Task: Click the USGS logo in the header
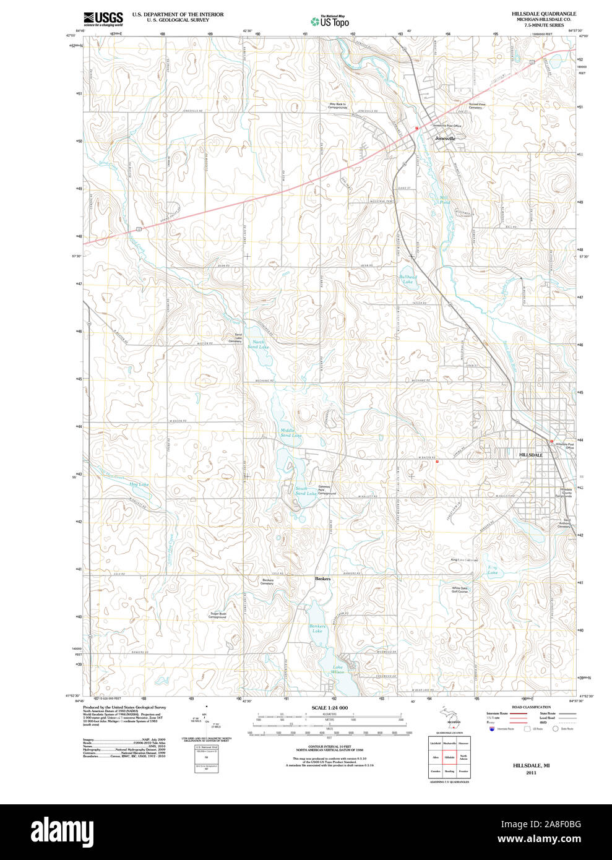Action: pyautogui.click(x=103, y=19)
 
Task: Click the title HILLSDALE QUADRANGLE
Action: pyautogui.click(x=543, y=14)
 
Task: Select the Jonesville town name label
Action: pyautogui.click(x=445, y=139)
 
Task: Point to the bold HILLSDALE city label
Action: pyautogui.click(x=531, y=455)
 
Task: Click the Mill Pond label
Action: pyautogui.click(x=444, y=200)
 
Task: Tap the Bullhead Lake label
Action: pyautogui.click(x=408, y=279)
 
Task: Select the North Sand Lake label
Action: pyautogui.click(x=259, y=345)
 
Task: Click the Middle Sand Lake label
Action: pyautogui.click(x=291, y=432)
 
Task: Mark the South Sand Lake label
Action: pyautogui.click(x=306, y=491)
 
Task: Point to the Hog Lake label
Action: pyautogui.click(x=139, y=484)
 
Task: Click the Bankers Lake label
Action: pyautogui.click(x=317, y=629)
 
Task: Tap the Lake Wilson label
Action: pyautogui.click(x=337, y=669)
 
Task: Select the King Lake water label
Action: pyautogui.click(x=493, y=570)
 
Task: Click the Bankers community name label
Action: pyautogui.click(x=322, y=578)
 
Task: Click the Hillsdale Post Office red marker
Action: pyautogui.click(x=551, y=441)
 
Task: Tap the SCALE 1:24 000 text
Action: pyautogui.click(x=329, y=708)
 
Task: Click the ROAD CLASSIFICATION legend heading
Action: pyautogui.click(x=531, y=707)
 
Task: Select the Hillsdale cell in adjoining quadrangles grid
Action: pyautogui.click(x=449, y=757)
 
